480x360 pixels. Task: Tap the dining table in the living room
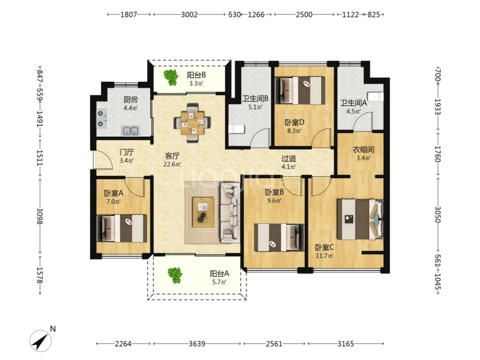pyautogui.click(x=192, y=123)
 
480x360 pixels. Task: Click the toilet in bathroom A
pyautogui.click(x=375, y=97)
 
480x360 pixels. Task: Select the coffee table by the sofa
pyautogui.click(x=203, y=212)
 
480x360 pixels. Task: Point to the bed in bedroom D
pyautogui.click(x=300, y=90)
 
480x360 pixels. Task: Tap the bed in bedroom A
pyautogui.click(x=122, y=228)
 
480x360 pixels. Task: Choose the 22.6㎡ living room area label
pyautogui.click(x=172, y=164)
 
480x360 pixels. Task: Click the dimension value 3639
pyautogui.click(x=197, y=344)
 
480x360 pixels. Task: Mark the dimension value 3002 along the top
pyautogui.click(x=189, y=15)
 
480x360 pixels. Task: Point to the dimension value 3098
pyautogui.click(x=40, y=216)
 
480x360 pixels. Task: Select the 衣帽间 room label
pyautogui.click(x=363, y=150)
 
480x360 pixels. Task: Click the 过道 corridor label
pyautogui.click(x=289, y=159)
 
